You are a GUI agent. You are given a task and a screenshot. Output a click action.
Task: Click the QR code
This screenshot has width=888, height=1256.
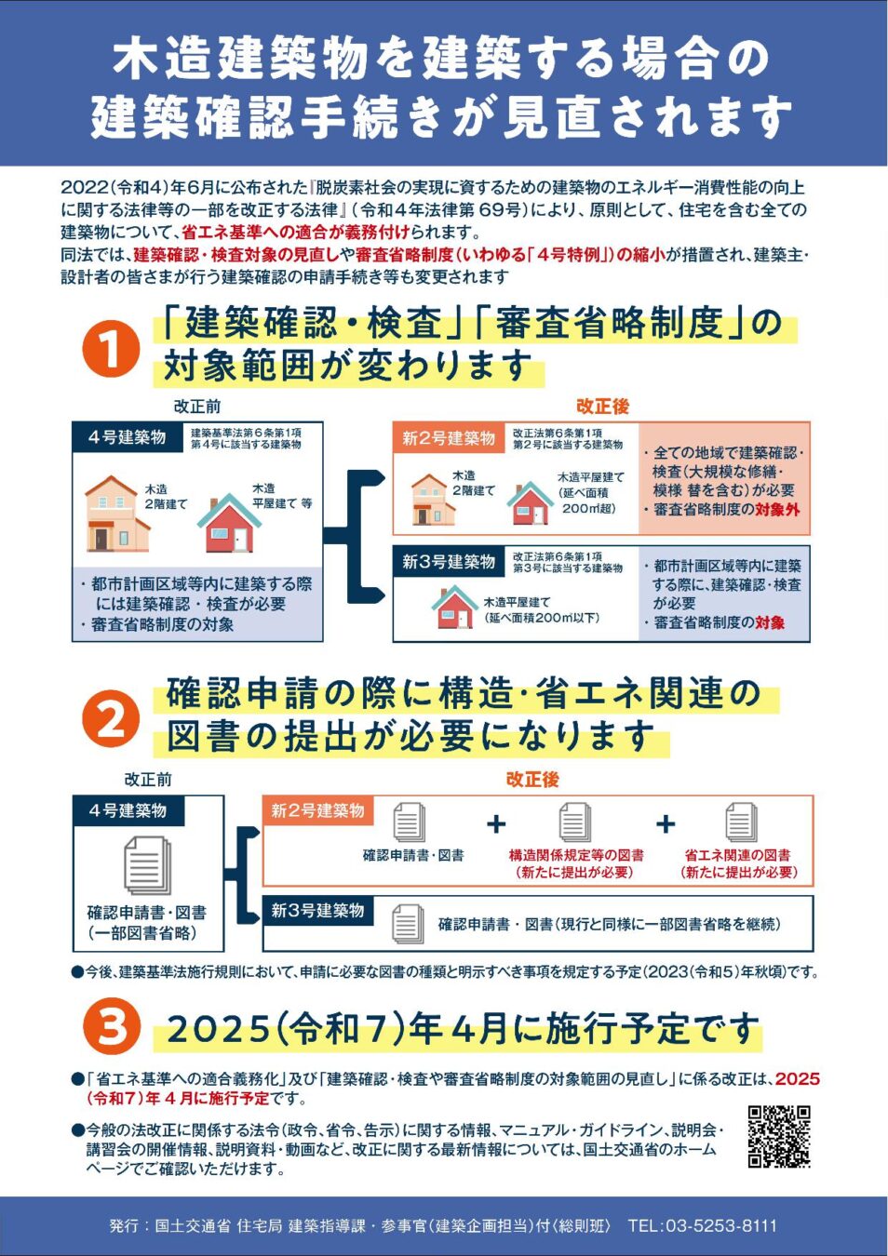pyautogui.click(x=778, y=1136)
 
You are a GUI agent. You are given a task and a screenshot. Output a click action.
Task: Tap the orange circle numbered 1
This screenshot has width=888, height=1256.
pyautogui.click(x=111, y=350)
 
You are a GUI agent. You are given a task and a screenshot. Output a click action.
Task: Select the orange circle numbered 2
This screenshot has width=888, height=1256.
pyautogui.click(x=111, y=719)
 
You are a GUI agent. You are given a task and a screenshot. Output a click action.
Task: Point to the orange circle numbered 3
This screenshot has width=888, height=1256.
pyautogui.click(x=111, y=1028)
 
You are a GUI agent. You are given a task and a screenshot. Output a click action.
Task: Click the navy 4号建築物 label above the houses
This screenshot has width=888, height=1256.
pyautogui.click(x=127, y=437)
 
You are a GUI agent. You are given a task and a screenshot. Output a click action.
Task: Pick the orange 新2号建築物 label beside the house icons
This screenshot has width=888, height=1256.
pyautogui.click(x=449, y=438)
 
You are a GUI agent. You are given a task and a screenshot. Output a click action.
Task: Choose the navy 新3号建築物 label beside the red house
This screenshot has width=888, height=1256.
pyautogui.click(x=449, y=562)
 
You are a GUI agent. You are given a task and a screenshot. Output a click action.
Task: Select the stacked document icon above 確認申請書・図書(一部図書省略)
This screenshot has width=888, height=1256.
pyautogui.click(x=147, y=865)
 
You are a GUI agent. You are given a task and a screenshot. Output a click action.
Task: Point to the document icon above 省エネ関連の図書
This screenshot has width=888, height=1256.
pyautogui.click(x=741, y=822)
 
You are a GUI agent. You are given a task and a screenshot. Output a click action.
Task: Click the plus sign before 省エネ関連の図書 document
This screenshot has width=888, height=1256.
pyautogui.click(x=666, y=823)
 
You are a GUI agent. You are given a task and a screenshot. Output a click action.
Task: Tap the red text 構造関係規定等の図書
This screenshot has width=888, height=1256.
pyautogui.click(x=576, y=855)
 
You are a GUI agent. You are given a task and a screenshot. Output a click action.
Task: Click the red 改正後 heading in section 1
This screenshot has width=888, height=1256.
pyautogui.click(x=602, y=407)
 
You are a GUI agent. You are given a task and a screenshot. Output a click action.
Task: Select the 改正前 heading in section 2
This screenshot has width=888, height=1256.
pyautogui.click(x=148, y=780)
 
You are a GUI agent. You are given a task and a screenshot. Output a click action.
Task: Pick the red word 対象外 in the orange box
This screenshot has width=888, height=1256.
pyautogui.click(x=777, y=510)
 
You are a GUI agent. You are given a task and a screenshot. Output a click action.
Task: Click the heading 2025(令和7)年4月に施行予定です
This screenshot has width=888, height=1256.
pyautogui.click(x=463, y=1029)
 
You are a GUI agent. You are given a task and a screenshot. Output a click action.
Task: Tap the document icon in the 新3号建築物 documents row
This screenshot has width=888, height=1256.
pyautogui.click(x=408, y=923)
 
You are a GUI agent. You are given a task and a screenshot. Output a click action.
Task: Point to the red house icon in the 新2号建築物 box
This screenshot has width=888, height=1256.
pyautogui.click(x=530, y=503)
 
